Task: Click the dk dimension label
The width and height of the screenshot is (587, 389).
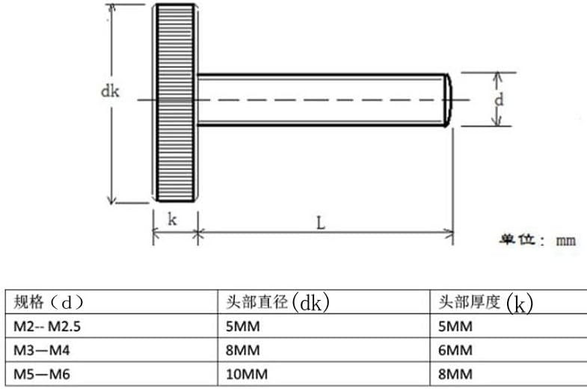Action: click(x=111, y=91)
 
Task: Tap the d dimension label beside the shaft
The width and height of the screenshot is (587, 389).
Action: click(x=500, y=99)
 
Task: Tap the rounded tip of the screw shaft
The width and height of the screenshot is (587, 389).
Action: click(x=449, y=99)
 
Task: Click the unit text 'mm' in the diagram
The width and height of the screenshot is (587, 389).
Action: click(x=565, y=241)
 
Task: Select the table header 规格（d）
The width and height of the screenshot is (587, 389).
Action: click(x=48, y=302)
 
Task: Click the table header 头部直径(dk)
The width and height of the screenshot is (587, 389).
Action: click(x=277, y=302)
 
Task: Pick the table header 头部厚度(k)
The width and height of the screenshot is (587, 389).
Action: click(x=485, y=302)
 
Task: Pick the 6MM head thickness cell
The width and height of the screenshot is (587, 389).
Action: click(x=455, y=350)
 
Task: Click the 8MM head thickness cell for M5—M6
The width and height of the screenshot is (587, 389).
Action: click(x=455, y=373)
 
